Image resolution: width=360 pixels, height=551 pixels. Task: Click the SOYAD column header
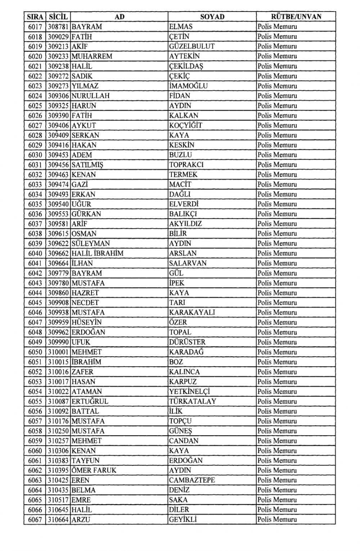pyautogui.click(x=212, y=17)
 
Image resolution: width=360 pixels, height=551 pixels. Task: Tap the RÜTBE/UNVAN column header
pyautogui.click(x=296, y=17)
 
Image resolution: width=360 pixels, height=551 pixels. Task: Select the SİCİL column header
pyautogui.click(x=58, y=17)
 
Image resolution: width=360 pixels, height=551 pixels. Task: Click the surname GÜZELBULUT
pyautogui.click(x=192, y=46)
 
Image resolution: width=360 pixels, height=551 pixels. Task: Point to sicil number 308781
pyautogui.click(x=58, y=27)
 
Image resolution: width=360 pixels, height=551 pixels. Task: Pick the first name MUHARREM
pyautogui.click(x=92, y=56)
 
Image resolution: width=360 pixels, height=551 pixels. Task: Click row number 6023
pyautogui.click(x=35, y=86)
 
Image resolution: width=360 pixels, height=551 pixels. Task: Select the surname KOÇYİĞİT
pyautogui.click(x=186, y=125)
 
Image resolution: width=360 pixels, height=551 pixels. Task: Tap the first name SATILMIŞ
pyautogui.click(x=87, y=165)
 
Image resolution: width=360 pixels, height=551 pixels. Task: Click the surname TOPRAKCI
pyautogui.click(x=186, y=165)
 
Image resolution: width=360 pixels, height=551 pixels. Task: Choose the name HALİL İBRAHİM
pyautogui.click(x=98, y=253)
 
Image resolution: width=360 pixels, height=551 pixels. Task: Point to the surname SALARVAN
pyautogui.click(x=188, y=263)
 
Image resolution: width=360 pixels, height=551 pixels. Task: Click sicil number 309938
pyautogui.click(x=58, y=312)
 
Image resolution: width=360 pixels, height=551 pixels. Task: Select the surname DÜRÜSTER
pyautogui.click(x=187, y=342)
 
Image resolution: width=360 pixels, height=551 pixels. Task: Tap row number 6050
pyautogui.click(x=35, y=352)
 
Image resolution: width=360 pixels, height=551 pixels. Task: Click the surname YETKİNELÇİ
pyautogui.click(x=189, y=391)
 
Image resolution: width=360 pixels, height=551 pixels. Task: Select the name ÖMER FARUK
pyautogui.click(x=94, y=470)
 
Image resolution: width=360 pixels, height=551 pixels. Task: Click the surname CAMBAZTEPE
pyautogui.click(x=192, y=480)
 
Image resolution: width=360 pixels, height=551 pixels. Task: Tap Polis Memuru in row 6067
pyautogui.click(x=277, y=519)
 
